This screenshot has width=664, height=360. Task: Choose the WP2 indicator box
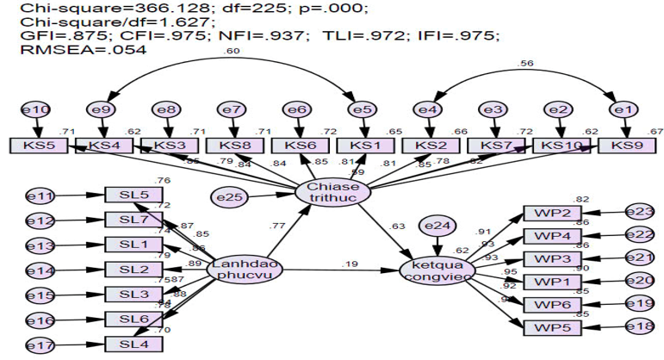[x=552, y=213]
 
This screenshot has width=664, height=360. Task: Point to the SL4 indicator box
[x=133, y=344]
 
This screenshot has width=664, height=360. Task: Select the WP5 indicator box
[x=552, y=327]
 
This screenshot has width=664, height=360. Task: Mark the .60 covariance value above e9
[x=231, y=53]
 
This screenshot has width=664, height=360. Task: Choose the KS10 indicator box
[x=562, y=146]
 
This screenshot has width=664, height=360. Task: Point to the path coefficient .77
[x=277, y=227]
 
